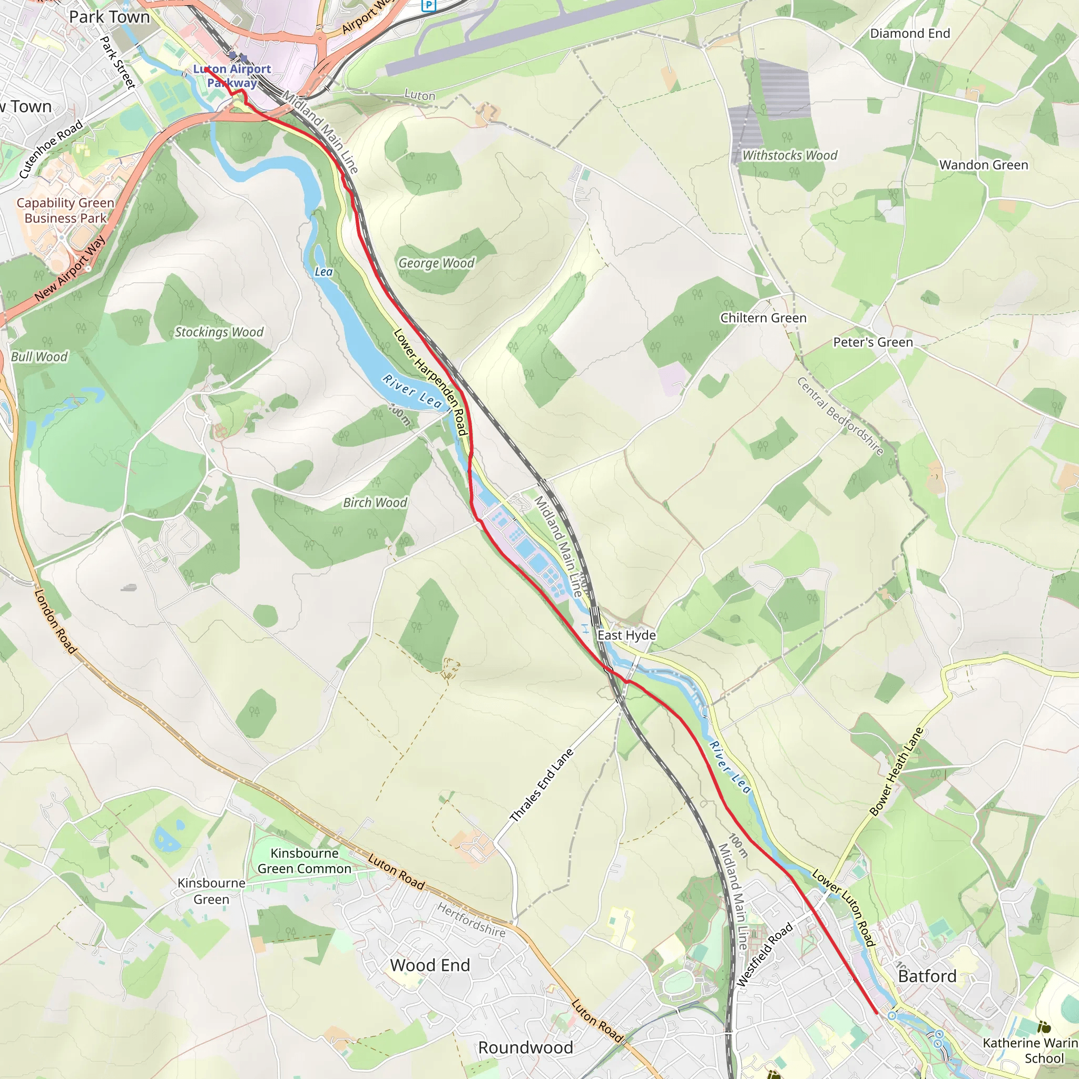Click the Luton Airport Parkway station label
pyautogui.click(x=232, y=76)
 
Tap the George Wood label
pyautogui.click(x=436, y=263)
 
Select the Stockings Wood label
pyautogui.click(x=219, y=332)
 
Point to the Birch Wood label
pyautogui.click(x=375, y=503)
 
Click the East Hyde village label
pyautogui.click(x=626, y=635)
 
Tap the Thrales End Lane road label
pyautogui.click(x=542, y=786)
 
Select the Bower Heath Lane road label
pyautogui.click(x=896, y=771)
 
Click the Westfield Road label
pyautogui.click(x=764, y=955)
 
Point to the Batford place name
pyautogui.click(x=927, y=976)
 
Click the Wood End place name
pyautogui.click(x=430, y=965)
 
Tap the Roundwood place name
pyautogui.click(x=525, y=1048)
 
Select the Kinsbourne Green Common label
pyautogui.click(x=305, y=861)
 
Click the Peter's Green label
pyautogui.click(x=873, y=342)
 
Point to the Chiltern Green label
pyautogui.click(x=763, y=318)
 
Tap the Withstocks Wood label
pyautogui.click(x=790, y=155)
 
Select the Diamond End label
pyautogui.click(x=910, y=34)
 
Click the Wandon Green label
pyautogui.click(x=984, y=165)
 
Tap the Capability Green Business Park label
pyautogui.click(x=65, y=211)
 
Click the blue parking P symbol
pyautogui.click(x=428, y=5)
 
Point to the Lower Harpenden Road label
pyautogui.click(x=430, y=382)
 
